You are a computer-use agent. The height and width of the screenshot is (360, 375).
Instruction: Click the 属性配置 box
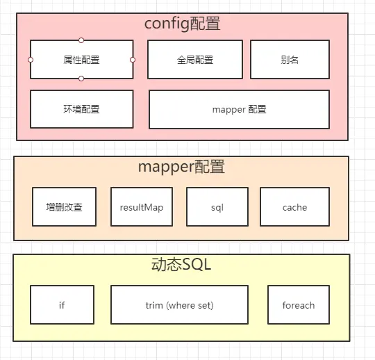coord(81,60)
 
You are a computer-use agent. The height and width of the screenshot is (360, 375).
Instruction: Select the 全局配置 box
coord(195,60)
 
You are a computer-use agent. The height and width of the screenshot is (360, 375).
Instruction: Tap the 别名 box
coord(290,60)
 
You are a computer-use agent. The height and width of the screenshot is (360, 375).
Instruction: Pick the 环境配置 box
coord(81,109)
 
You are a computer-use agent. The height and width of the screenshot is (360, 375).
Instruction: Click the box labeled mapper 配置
coord(239,109)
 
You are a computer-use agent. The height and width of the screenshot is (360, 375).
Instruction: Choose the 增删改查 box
coord(64,207)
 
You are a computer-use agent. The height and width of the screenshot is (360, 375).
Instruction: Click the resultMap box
coord(141,207)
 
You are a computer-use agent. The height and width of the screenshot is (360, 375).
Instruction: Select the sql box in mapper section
coord(217,207)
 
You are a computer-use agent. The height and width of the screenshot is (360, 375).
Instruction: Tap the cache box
coord(294,207)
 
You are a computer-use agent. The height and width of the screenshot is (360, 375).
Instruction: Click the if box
coord(62,305)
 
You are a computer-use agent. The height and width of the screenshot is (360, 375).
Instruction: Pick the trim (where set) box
coord(179,305)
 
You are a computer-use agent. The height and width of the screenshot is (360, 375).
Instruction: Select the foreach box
coord(298,305)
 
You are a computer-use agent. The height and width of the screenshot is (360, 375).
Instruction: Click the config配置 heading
coord(182,24)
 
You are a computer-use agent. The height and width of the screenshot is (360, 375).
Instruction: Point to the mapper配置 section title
coord(181,167)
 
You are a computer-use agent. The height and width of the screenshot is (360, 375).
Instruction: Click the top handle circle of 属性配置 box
coord(81,40)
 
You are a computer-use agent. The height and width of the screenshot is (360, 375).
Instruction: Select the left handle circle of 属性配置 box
coord(31,60)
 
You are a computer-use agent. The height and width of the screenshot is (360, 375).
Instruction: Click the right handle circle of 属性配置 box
coord(133,60)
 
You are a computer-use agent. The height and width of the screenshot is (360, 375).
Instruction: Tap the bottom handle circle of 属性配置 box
coord(81,79)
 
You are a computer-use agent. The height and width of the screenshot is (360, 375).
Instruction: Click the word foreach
coord(298,305)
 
